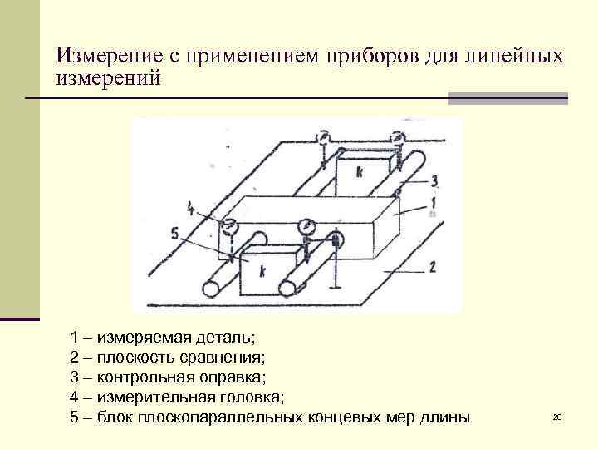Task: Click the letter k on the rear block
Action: [x=359, y=171]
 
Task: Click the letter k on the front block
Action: [x=262, y=271]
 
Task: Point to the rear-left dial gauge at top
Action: [x=322, y=138]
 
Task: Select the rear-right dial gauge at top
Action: [x=397, y=138]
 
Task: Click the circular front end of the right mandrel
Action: [x=287, y=288]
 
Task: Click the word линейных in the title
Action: [x=519, y=57]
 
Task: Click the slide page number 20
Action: [x=557, y=416]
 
